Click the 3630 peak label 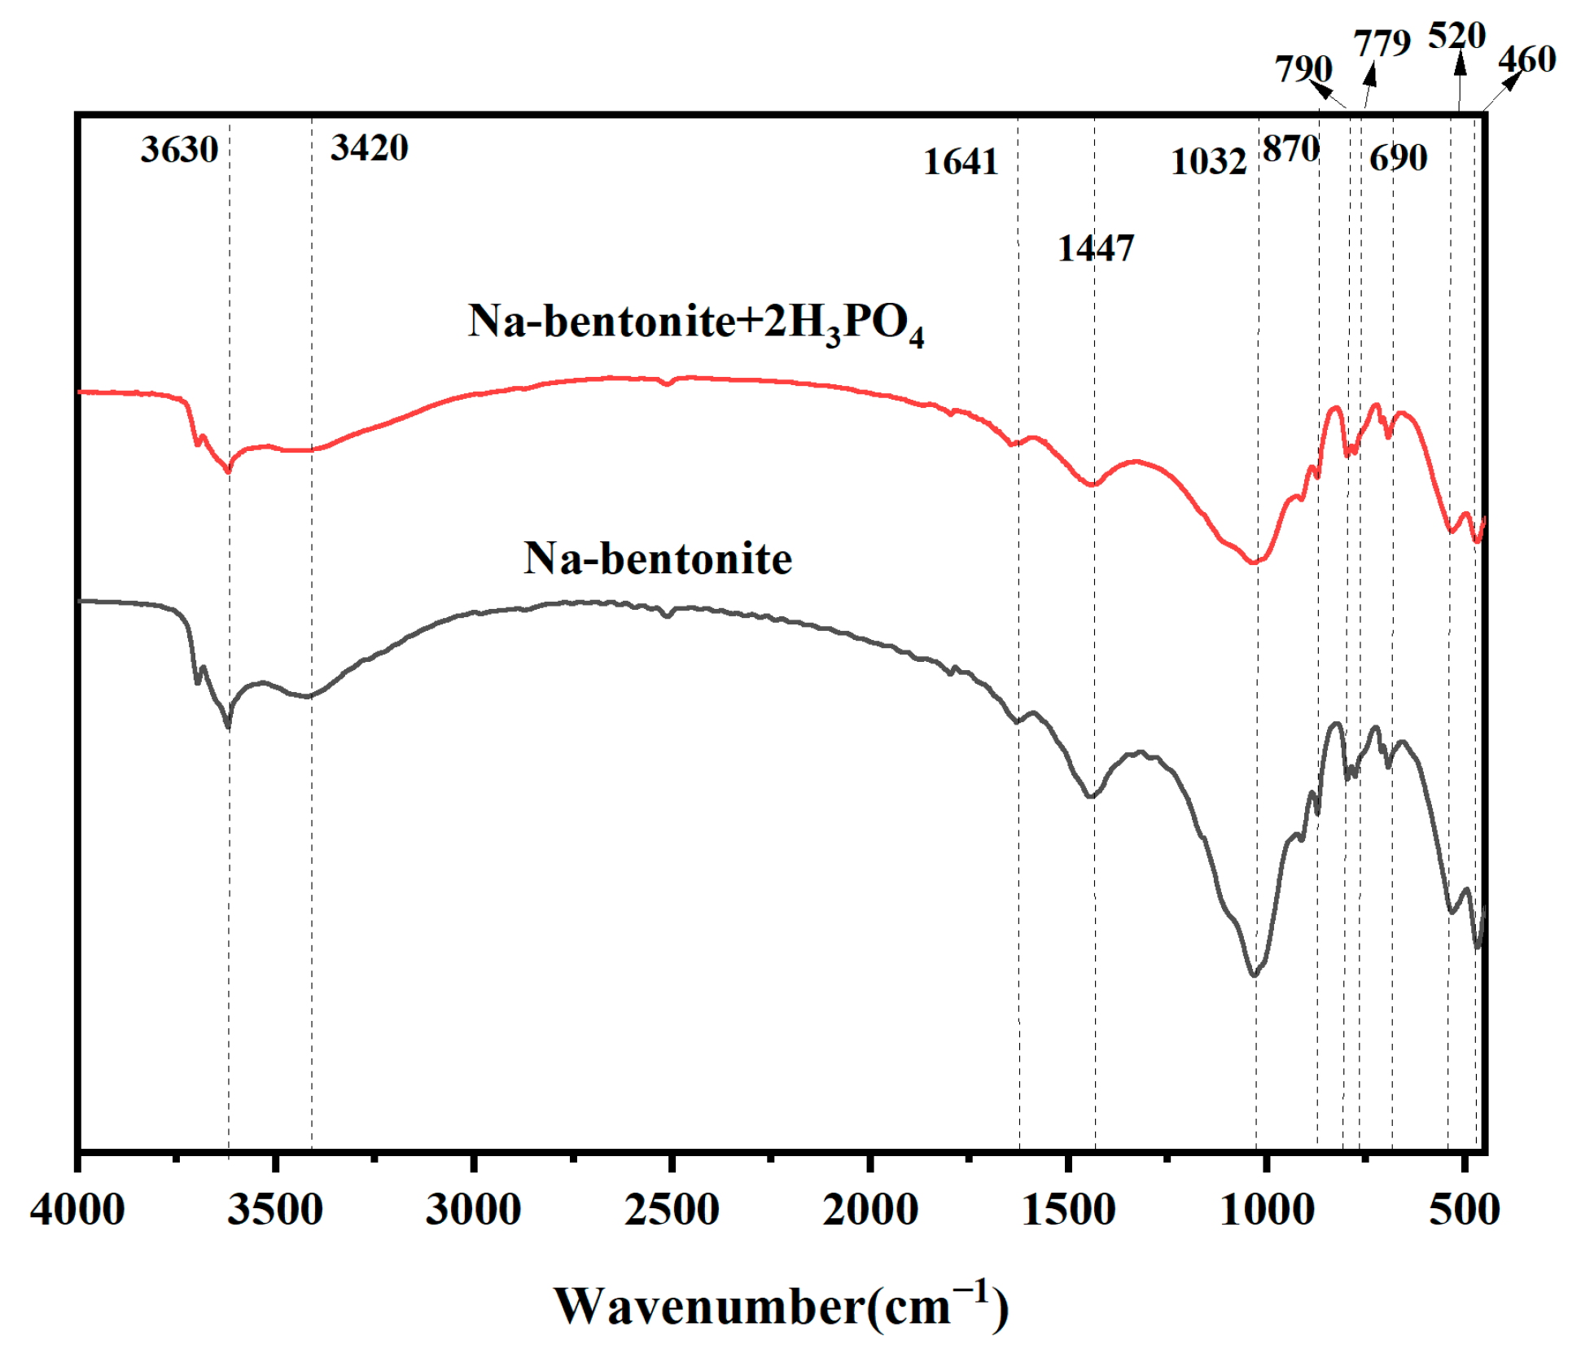(x=179, y=150)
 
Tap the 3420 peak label (x=369, y=148)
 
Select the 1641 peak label (x=960, y=162)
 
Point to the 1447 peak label (x=1095, y=248)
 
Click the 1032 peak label (x=1208, y=162)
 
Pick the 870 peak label (x=1290, y=149)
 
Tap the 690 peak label (x=1398, y=158)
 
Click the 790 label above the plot (x=1303, y=69)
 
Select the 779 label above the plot (x=1382, y=42)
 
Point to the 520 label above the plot (x=1456, y=36)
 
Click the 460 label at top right (x=1526, y=59)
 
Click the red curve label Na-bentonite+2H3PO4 (x=695, y=322)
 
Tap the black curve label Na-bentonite (x=657, y=559)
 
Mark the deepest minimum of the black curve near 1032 (x=1254, y=975)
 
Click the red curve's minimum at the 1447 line (x=1093, y=485)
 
